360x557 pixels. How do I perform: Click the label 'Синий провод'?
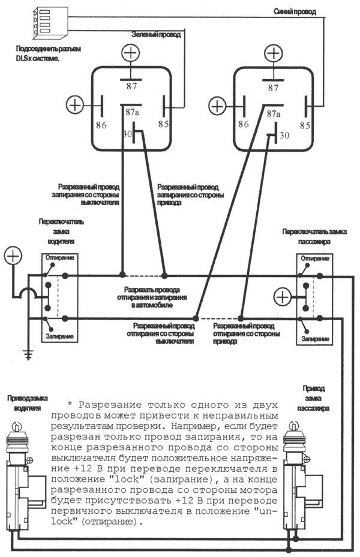pos(295,11)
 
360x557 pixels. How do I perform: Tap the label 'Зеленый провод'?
pos(159,36)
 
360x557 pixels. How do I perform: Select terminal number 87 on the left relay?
pos(131,86)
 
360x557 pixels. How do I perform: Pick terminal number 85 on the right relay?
pos(305,125)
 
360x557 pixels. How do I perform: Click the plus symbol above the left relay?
pos(130,54)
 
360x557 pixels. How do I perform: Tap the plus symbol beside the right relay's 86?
pos(217,106)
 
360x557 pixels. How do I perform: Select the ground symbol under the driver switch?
pos(27,354)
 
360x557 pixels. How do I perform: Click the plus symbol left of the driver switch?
pos(13,256)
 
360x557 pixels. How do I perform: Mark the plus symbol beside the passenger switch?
pos(283,297)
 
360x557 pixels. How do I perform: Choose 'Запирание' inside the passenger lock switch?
pos(315,339)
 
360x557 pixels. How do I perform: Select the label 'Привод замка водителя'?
pos(24,403)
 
